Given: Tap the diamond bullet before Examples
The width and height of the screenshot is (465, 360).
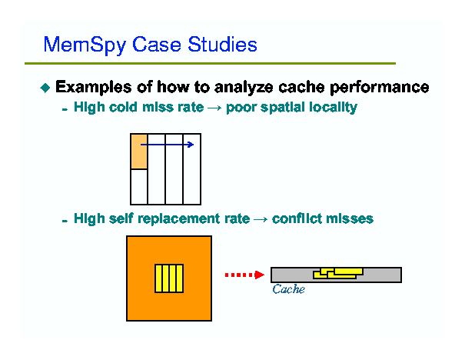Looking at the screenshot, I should point(45,88).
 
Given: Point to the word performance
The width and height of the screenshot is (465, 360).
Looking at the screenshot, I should point(381,87).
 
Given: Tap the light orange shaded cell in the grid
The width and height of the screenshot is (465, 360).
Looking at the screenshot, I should point(139,152).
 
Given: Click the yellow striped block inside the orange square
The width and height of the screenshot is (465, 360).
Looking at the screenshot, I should point(169,278).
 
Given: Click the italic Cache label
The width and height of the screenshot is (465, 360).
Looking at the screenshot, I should point(288,290).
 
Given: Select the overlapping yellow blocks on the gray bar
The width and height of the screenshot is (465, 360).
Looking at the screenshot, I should point(337,273).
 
